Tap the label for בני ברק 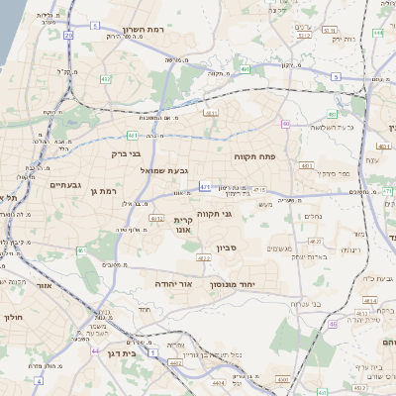(x=125, y=153)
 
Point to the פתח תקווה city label (x=254, y=156)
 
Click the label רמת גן (x=102, y=190)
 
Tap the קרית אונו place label (x=182, y=224)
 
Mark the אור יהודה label (x=172, y=283)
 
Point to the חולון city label (x=12, y=317)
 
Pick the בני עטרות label (x=287, y=304)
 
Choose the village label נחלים (x=312, y=217)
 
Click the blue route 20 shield (x=68, y=35)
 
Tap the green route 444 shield (x=378, y=33)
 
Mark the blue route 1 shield (x=152, y=351)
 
